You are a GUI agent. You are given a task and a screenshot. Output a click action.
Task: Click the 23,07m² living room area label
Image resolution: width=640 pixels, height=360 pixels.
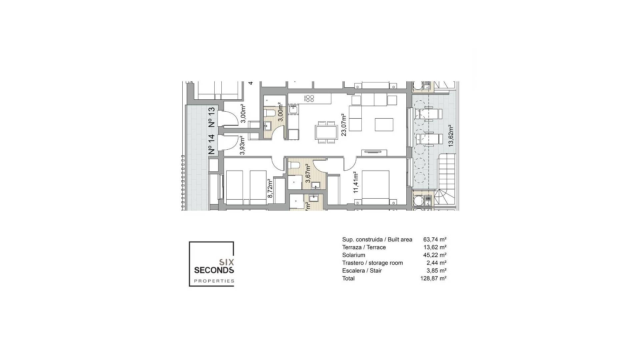tap(343, 125)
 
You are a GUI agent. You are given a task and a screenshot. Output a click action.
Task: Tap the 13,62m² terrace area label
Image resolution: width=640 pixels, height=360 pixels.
tap(451, 136)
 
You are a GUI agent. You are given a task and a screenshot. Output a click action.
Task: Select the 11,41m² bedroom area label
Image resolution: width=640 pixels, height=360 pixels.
tap(356, 182)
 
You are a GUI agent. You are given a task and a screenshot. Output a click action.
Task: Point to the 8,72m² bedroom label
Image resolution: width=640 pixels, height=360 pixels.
tap(270, 188)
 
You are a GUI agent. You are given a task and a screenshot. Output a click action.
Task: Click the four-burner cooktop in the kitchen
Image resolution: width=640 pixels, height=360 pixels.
tap(310, 98)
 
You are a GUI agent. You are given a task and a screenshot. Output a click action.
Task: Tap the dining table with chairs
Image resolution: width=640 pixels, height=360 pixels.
tap(326, 132)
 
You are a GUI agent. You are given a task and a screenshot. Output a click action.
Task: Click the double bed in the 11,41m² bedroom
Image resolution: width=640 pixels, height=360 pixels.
tap(375, 187)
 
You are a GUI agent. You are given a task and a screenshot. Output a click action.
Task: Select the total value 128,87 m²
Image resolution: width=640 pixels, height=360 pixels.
tap(433, 278)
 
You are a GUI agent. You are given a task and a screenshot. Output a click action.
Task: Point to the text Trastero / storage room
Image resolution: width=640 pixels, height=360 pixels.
tap(372, 263)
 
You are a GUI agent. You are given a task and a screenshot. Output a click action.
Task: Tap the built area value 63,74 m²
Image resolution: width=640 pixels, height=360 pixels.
tap(434, 239)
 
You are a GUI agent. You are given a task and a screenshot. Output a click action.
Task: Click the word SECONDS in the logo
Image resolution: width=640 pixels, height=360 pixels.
tap(214, 270)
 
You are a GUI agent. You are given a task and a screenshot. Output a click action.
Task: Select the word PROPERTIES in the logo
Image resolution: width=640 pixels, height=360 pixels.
tap(214, 281)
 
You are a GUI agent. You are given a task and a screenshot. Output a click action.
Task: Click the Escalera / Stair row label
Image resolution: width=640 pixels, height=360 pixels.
tap(362, 271)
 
